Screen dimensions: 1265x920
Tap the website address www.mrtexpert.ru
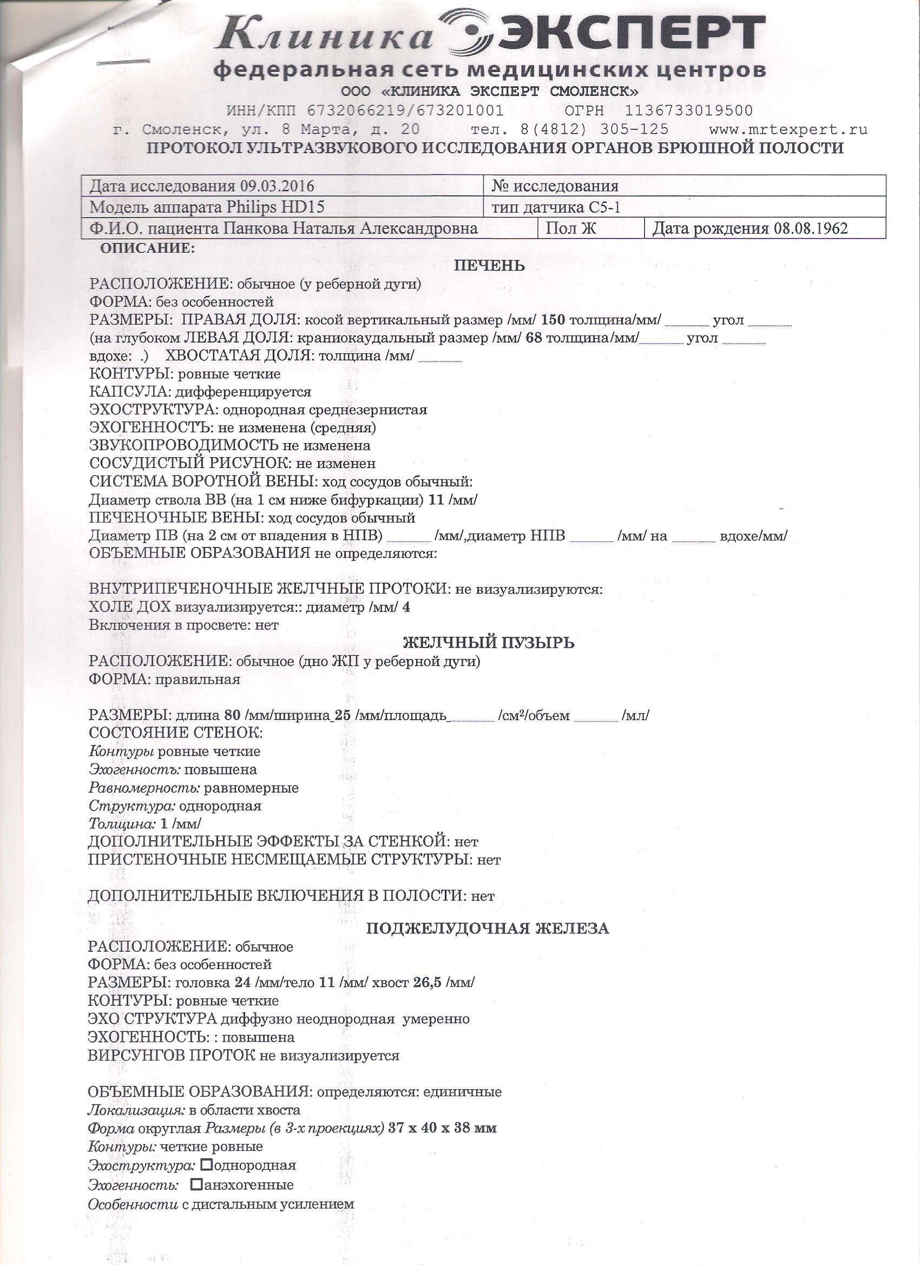tap(788, 129)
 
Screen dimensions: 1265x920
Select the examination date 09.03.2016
tap(277, 186)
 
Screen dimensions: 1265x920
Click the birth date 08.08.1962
tap(810, 229)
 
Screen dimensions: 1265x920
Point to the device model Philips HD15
tap(275, 207)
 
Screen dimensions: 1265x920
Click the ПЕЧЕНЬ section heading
tap(489, 266)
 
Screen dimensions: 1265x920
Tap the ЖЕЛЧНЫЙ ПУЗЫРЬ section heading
tap(488, 643)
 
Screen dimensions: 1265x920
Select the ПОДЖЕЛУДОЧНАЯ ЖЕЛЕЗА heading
tap(487, 928)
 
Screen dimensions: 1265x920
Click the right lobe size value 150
tap(553, 320)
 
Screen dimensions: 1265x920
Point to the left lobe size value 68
tap(534, 338)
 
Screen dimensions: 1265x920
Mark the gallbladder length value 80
tap(232, 716)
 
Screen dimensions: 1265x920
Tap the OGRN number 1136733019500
tap(688, 111)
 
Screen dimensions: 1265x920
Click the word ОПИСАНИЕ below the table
tap(147, 249)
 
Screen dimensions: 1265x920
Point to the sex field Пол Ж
tap(571, 229)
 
